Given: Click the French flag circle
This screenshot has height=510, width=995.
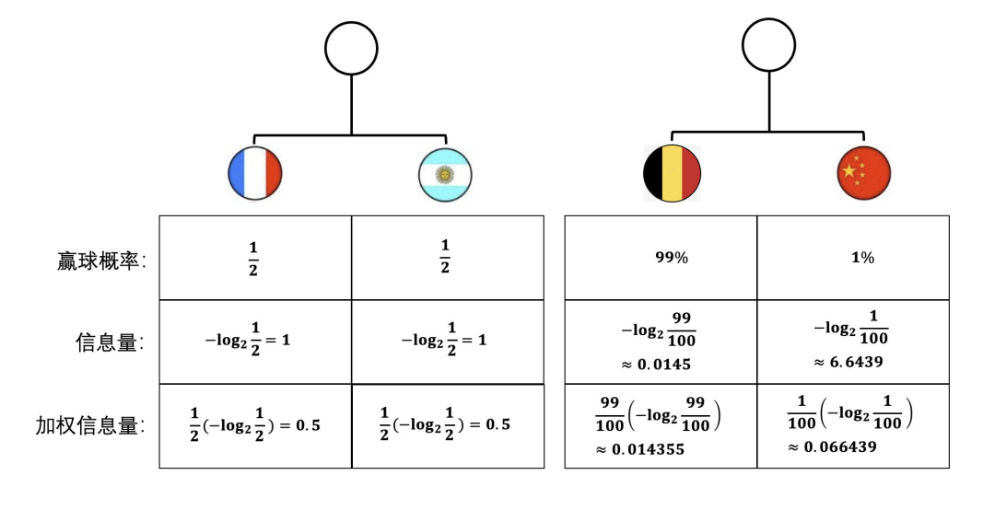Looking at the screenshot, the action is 255,172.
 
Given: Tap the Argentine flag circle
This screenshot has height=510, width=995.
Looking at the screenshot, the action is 446,174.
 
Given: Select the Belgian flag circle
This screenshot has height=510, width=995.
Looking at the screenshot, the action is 672,173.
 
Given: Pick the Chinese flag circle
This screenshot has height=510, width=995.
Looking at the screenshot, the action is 863,172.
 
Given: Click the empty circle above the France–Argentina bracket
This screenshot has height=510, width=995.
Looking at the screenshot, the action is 352,48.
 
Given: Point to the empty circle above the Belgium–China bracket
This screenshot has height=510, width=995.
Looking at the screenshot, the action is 769,45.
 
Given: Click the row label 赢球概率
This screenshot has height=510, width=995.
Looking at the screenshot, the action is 101,261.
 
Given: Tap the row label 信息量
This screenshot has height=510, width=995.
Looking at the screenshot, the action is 110,342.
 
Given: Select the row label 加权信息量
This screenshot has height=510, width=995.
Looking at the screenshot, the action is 89,425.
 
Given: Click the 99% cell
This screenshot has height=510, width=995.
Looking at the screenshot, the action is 672,258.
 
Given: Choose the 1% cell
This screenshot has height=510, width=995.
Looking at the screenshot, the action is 863,258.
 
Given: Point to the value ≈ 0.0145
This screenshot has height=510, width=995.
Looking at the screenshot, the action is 656,365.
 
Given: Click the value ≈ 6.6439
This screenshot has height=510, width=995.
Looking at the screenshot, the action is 849,362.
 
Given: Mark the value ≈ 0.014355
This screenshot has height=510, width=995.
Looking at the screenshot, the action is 640,450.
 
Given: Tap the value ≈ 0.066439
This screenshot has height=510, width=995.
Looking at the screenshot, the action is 833,447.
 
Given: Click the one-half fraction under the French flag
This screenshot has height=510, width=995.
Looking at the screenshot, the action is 253,259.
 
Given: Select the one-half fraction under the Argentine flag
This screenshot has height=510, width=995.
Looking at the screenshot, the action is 445,257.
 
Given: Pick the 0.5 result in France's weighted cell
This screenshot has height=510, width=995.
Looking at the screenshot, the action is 309,425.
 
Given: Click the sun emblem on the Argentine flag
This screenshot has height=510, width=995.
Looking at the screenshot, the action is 446,173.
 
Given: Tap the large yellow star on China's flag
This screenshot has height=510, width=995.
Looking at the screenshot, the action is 849,170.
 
